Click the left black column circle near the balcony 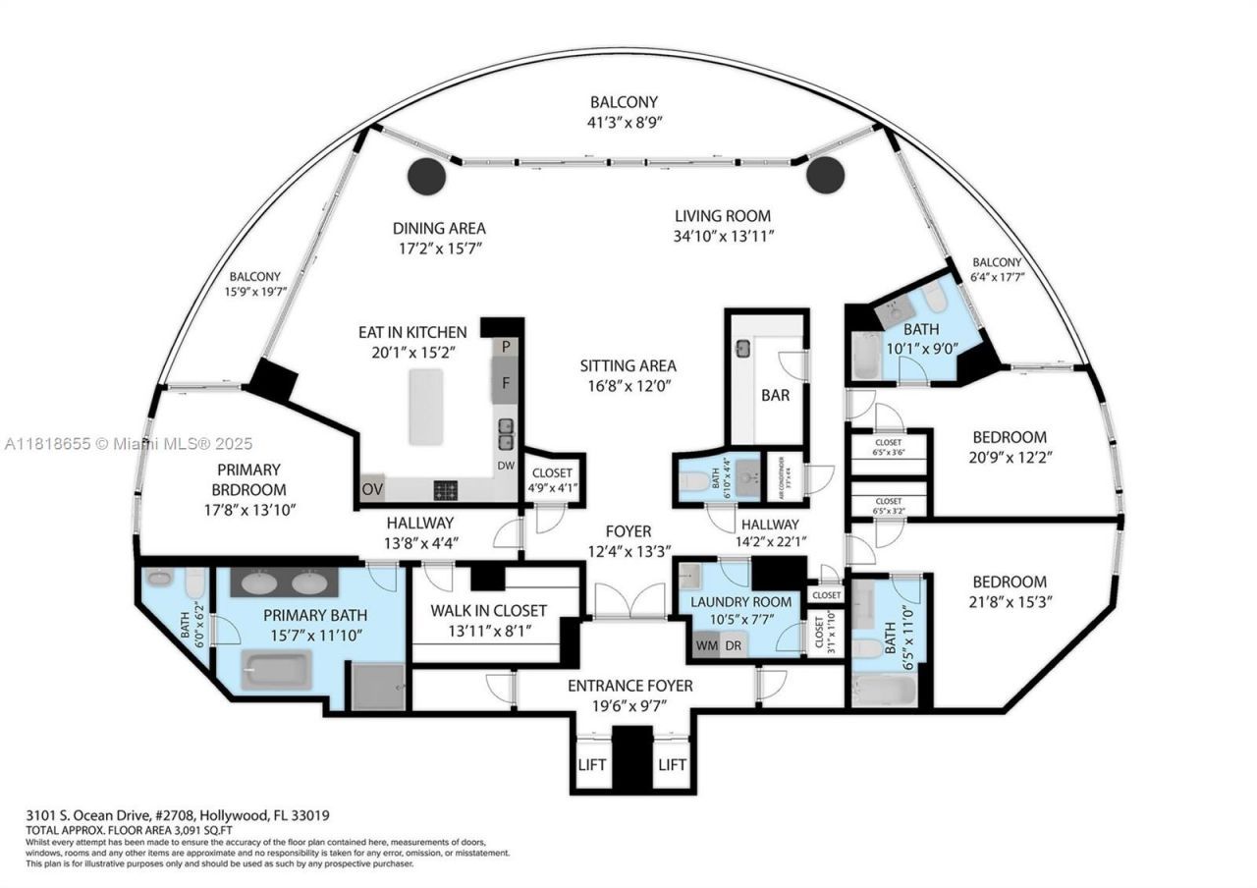426,176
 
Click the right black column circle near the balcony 825,176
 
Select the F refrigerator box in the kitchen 506,382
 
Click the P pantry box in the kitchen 506,347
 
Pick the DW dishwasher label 506,467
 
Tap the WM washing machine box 706,645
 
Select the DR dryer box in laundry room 733,645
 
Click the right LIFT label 672,764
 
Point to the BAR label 775,396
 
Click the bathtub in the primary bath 276,669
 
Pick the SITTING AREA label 628,366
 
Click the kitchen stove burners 445,489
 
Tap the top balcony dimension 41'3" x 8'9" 624,123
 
